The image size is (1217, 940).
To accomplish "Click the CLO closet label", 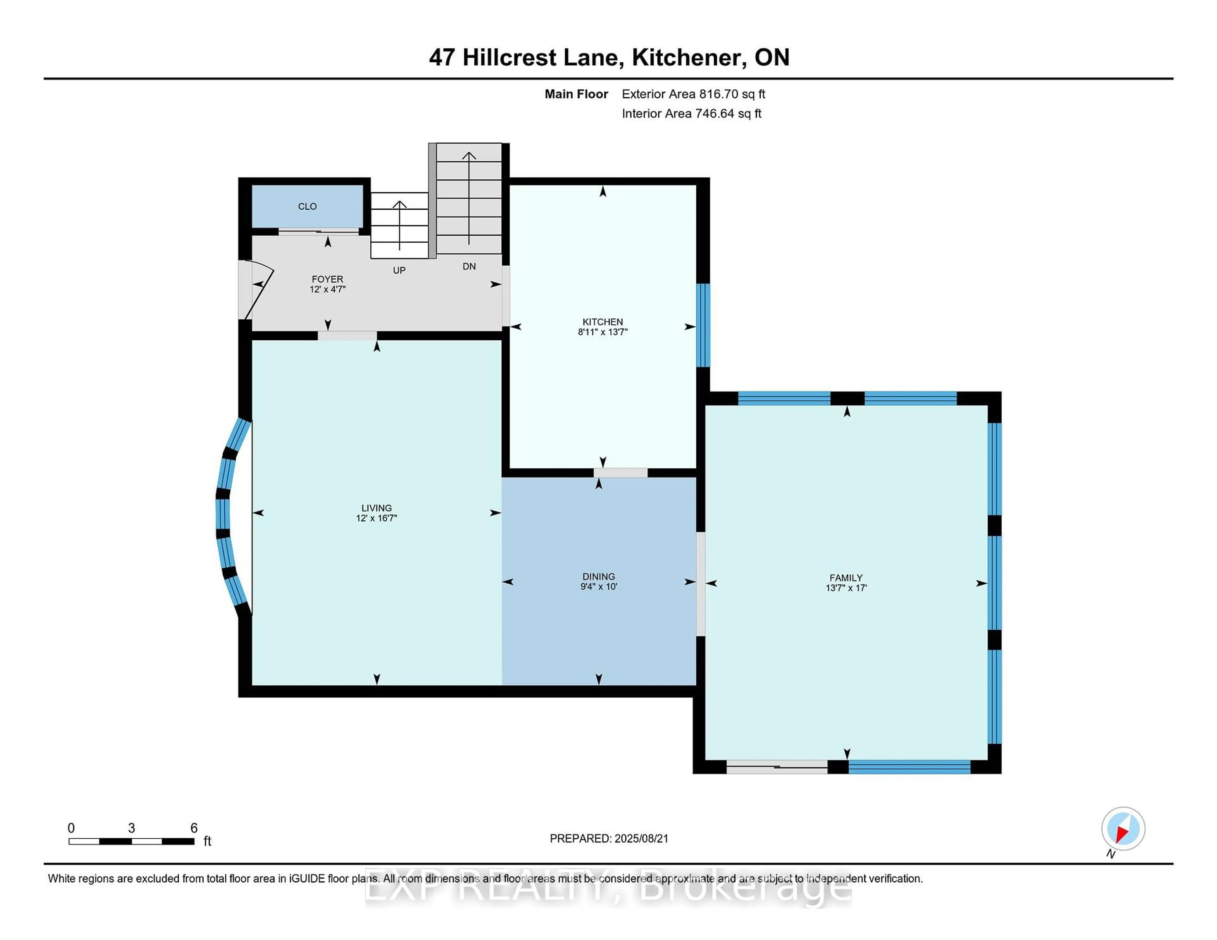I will (x=307, y=206).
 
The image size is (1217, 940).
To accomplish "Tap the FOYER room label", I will (x=327, y=279).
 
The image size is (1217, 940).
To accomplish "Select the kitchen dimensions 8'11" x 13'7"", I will (x=602, y=332).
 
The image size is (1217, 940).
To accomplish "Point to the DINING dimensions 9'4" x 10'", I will (x=598, y=586).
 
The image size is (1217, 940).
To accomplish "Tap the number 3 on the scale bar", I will (x=132, y=828).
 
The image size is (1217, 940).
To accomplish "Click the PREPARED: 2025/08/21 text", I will (x=608, y=839).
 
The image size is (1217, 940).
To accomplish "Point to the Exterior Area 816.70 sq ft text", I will (x=693, y=94).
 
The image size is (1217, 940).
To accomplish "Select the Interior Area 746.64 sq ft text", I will (x=691, y=114).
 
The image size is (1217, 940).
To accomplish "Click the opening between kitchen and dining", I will (x=620, y=473).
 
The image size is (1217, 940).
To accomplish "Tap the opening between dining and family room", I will (x=700, y=584).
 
